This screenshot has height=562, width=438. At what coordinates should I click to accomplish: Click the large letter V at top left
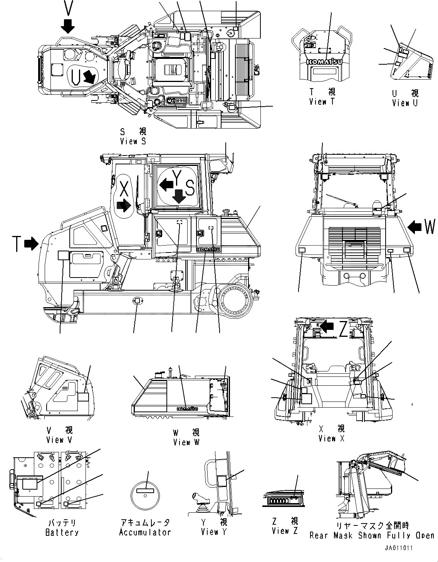tap(68, 8)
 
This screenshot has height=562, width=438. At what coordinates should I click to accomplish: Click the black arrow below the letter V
tap(68, 26)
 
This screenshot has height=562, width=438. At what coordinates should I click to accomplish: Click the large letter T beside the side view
tap(17, 244)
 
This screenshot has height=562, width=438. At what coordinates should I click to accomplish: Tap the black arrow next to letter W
tap(414, 227)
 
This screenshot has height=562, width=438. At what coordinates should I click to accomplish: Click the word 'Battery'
tap(62, 532)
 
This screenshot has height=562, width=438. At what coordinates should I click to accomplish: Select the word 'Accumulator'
tap(145, 532)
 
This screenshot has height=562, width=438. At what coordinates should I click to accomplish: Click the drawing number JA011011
tap(398, 548)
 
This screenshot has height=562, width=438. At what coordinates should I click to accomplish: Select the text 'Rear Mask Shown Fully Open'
tap(372, 535)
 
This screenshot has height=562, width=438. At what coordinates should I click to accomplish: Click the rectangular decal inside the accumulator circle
tap(145, 491)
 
